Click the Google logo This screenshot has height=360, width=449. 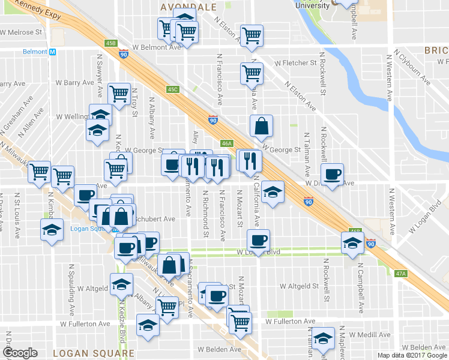pos(20,353)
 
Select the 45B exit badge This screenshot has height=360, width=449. pos(110,43)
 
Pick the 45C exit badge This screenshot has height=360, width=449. pos(173,89)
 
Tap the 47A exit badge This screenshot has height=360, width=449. pos(401,274)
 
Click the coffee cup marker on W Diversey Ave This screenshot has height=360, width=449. pos(332,174)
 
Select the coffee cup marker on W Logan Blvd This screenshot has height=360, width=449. pos(259,240)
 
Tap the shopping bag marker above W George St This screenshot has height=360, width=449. pos(262,126)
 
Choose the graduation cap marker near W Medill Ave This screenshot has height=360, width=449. pos(324,339)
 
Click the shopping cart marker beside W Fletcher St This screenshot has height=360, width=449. pos(252,73)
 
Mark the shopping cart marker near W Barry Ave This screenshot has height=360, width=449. pos(119,94)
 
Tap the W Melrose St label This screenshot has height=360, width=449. pos(22,32)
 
